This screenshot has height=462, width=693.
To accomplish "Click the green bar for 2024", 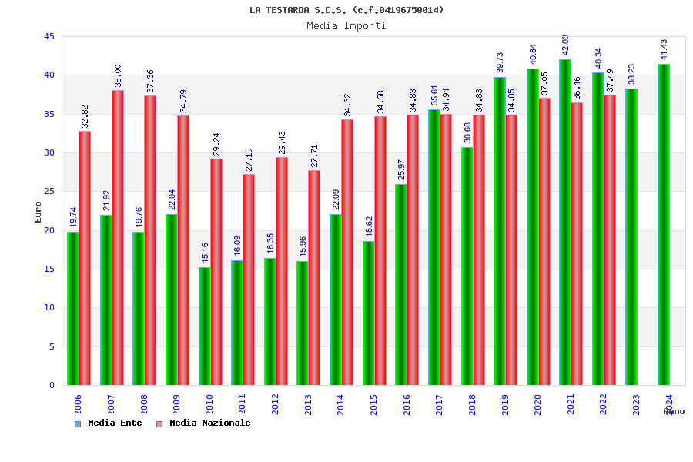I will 664,224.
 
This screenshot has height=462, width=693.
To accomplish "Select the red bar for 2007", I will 118,237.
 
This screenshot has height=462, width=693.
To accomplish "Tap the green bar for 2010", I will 204,326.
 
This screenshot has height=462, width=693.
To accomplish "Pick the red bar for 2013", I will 314,277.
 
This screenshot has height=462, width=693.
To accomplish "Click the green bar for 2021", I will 565,222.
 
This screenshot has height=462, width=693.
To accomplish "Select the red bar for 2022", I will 610,239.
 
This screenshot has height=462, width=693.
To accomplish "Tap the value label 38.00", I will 119,75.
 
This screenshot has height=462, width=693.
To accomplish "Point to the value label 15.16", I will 205,252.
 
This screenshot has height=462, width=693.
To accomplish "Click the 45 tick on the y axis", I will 49,37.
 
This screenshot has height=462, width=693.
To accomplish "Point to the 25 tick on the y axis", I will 49,192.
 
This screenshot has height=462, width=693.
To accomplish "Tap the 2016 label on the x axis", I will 407,404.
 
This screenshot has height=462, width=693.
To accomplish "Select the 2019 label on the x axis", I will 505,404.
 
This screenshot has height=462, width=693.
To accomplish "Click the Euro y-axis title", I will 38,212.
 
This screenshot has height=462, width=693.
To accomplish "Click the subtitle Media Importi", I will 346,25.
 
